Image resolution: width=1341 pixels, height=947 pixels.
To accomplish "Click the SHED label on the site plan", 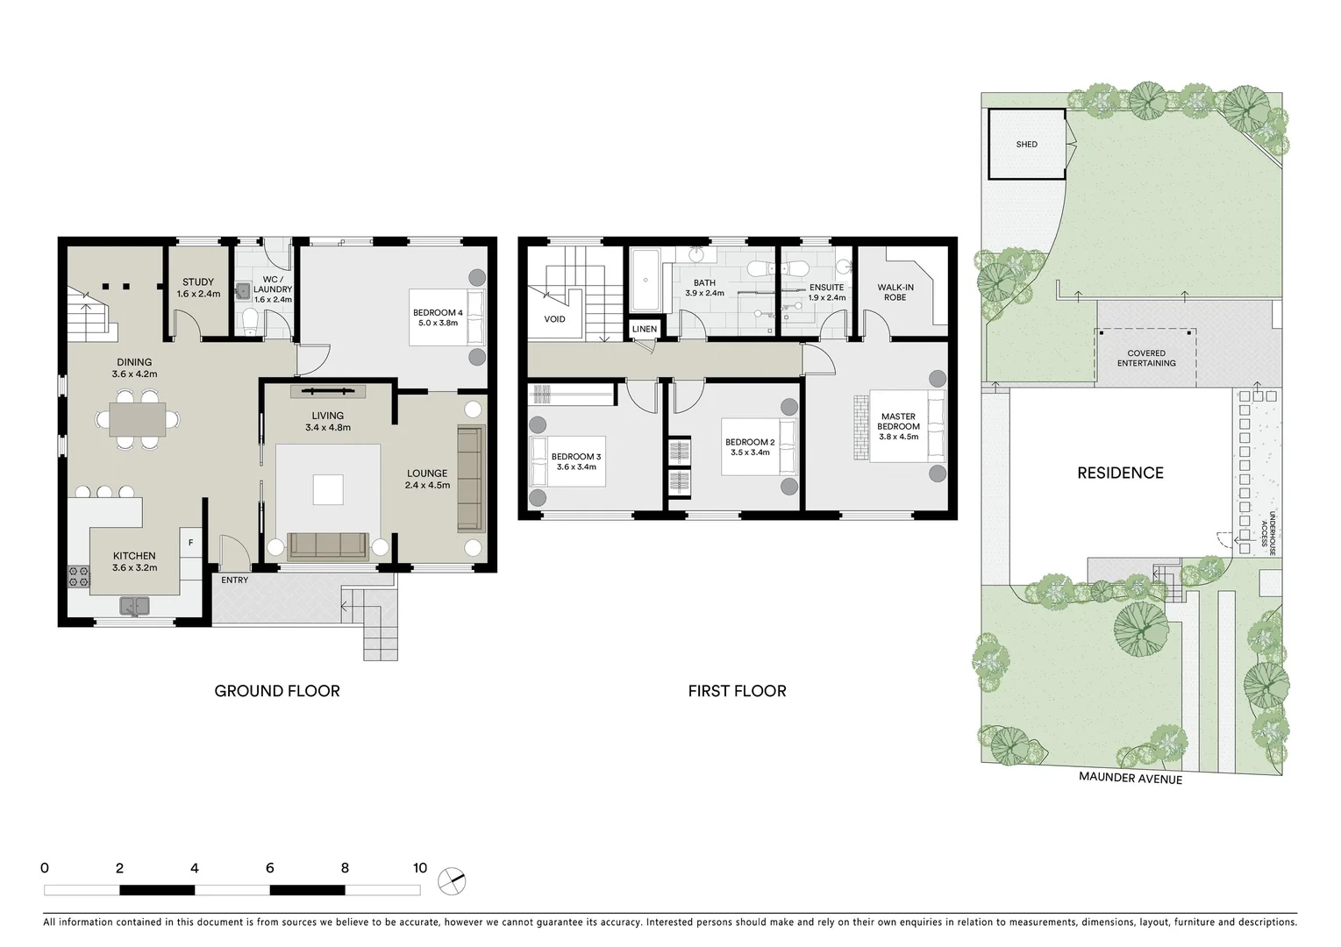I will [x=1026, y=145].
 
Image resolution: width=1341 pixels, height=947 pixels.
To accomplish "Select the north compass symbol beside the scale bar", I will [x=453, y=880].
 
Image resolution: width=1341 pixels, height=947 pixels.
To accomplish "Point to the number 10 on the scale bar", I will [x=419, y=868].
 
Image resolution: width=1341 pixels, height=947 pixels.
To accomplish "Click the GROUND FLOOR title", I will [x=276, y=691].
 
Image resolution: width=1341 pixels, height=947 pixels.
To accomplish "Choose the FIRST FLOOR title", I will [x=737, y=691].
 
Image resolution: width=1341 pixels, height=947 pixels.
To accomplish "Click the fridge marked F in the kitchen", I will [x=190, y=544].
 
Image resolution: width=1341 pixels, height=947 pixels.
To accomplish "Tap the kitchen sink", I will [x=134, y=605].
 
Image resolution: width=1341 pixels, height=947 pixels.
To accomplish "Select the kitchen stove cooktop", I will [x=79, y=577].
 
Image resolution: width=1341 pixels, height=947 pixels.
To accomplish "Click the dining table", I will [x=137, y=419].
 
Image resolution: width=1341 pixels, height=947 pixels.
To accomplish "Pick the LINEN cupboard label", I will [x=644, y=330].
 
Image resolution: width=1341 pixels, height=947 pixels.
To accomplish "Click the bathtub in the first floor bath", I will [x=646, y=281].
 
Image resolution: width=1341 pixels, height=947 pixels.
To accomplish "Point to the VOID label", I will [x=554, y=319].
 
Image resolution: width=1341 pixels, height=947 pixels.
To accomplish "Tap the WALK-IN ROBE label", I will [x=895, y=292].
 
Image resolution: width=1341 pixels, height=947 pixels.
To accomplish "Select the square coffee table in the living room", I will [x=328, y=489].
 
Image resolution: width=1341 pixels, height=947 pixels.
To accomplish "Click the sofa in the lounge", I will [x=470, y=479].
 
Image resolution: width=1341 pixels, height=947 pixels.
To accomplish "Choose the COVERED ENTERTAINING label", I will [x=1145, y=358].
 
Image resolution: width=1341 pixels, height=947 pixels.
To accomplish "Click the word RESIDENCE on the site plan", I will [x=1120, y=473].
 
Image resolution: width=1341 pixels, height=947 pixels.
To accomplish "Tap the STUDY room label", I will [x=198, y=282].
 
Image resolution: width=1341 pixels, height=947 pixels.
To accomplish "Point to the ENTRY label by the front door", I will [x=234, y=580].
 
